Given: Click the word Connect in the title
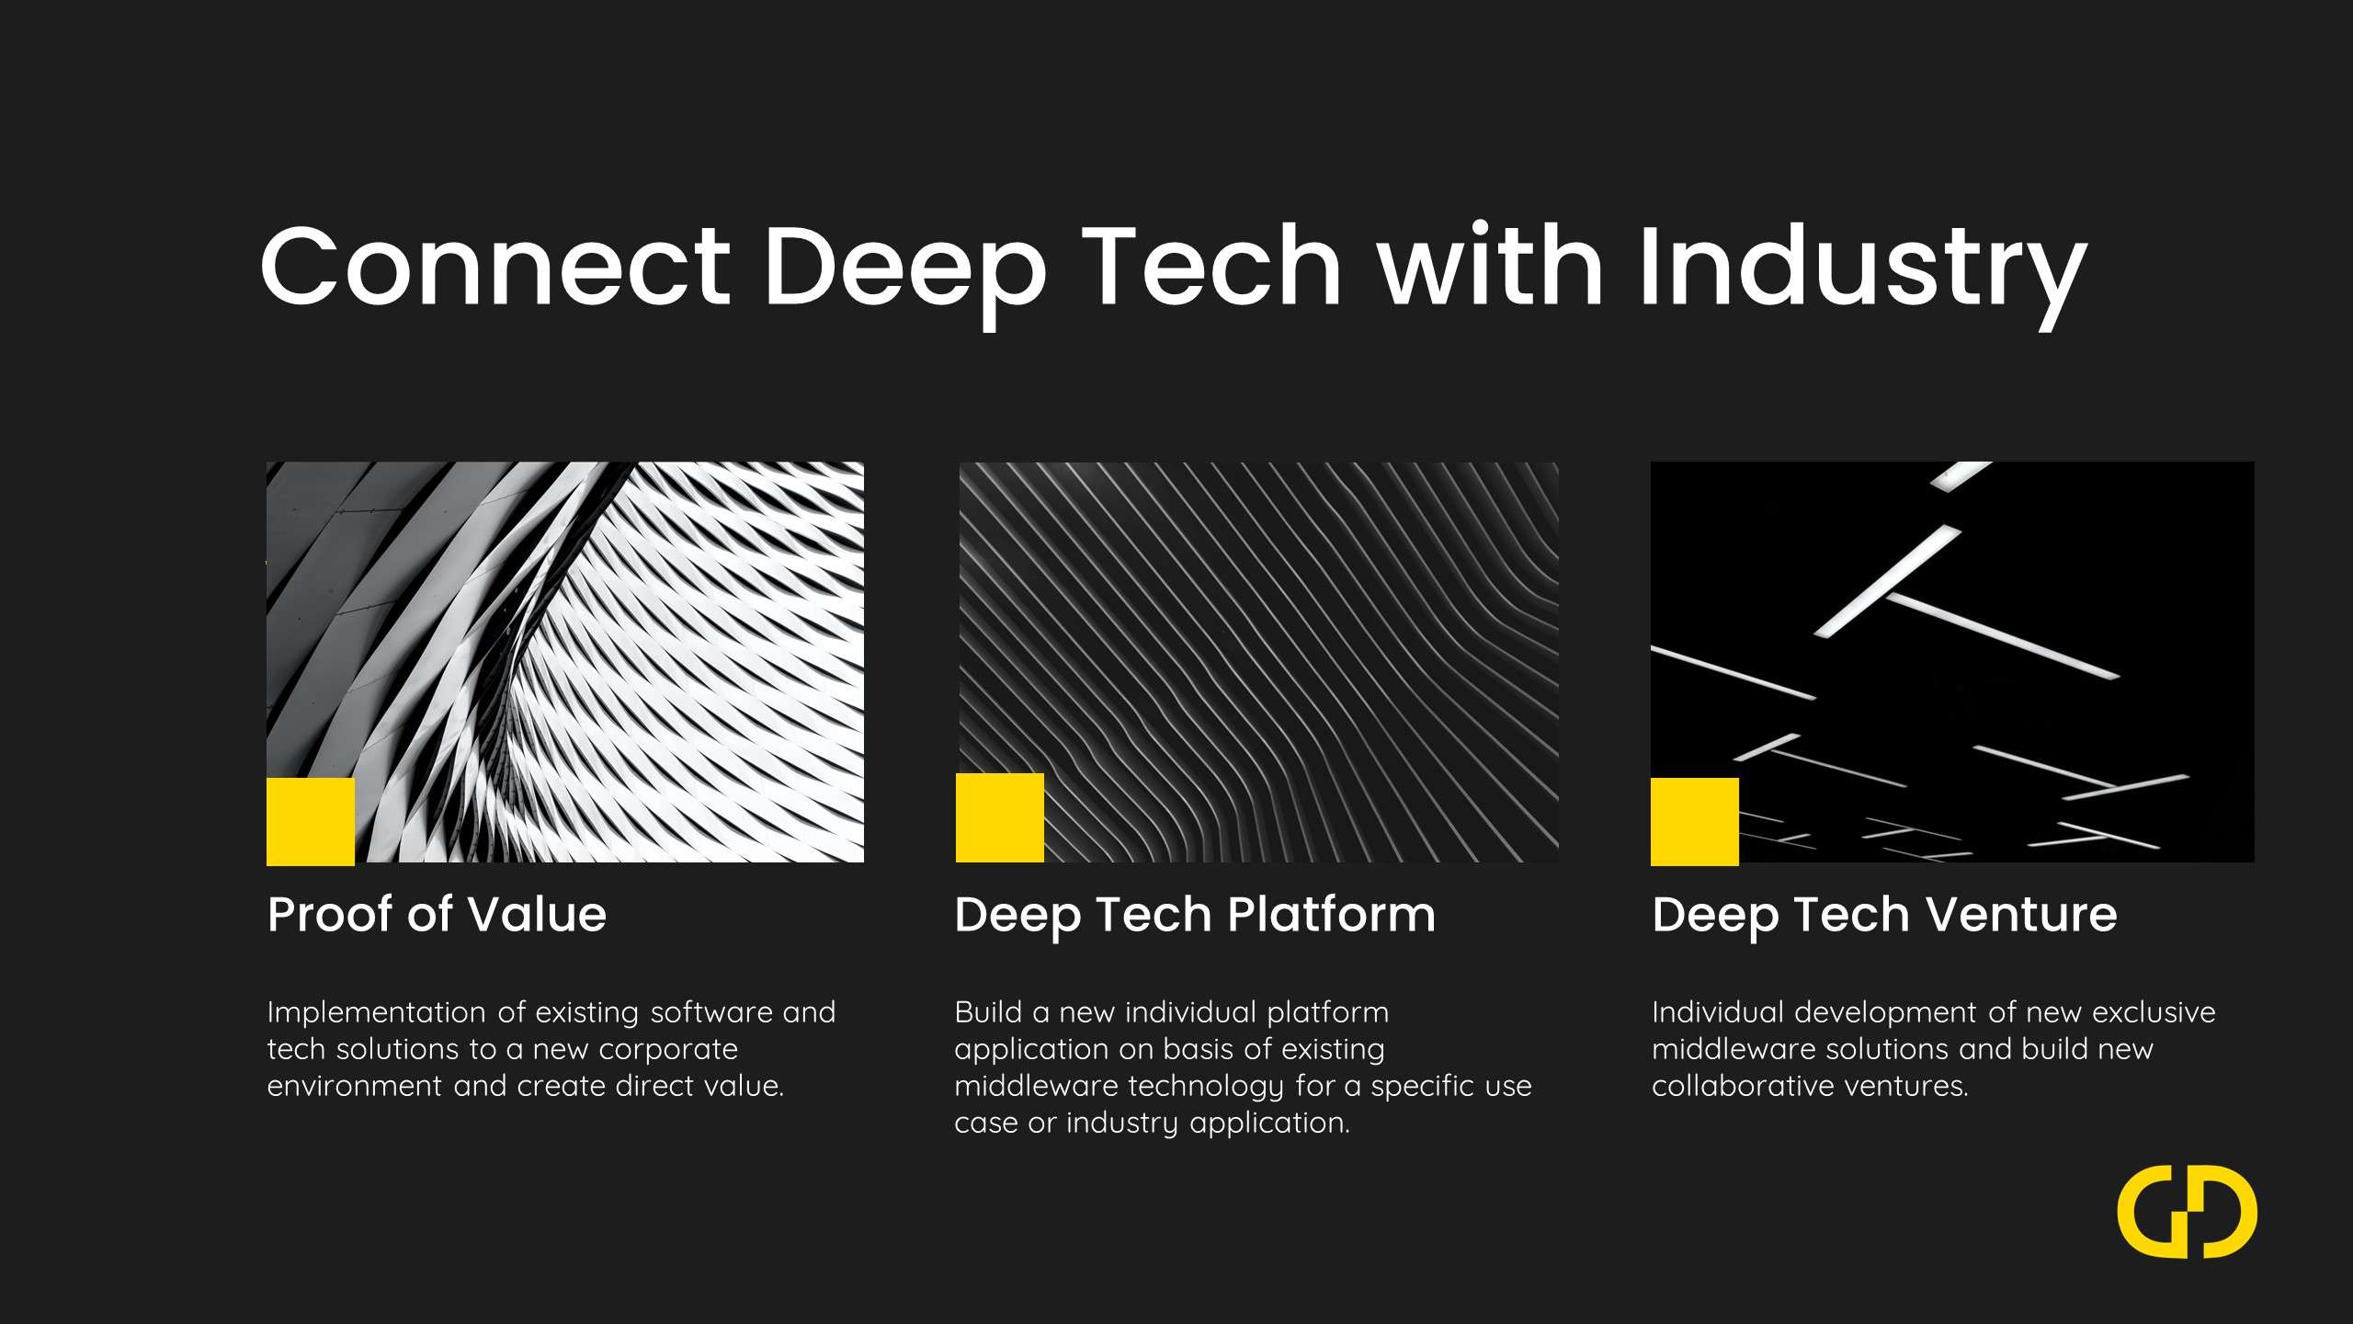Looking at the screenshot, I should pos(495,267).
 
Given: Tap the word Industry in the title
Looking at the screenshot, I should pos(1862,267).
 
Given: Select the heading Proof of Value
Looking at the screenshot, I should pos(437,915).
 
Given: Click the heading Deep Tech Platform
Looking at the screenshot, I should pos(1194,915).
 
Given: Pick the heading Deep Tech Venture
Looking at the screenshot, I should pos(1884,915).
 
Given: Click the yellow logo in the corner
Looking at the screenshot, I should pos(2187,1211).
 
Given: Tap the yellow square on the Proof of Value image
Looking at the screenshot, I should pos(311,821).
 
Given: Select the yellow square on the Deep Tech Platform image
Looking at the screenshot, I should pos(1000,817).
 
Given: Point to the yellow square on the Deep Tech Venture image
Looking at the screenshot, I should pos(1695,821).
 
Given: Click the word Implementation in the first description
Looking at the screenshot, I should pos(376,1012).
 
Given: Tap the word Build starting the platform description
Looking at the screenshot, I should pos(988,1012).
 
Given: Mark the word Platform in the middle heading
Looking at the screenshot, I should pos(1331,915).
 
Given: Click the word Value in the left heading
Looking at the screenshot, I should pos(537,915).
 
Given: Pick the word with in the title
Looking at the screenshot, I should pos(1490,267).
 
